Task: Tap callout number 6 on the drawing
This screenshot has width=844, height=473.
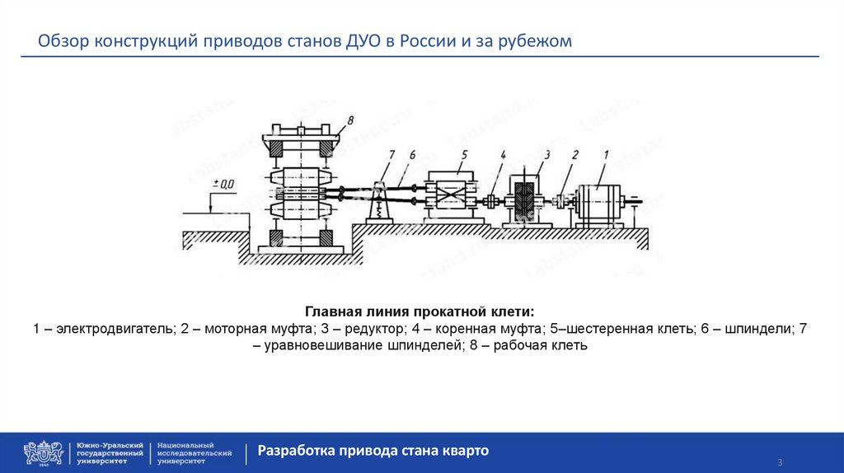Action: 411,153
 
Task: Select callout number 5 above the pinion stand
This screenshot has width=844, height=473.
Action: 465,153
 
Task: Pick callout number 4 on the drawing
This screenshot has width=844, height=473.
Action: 502,153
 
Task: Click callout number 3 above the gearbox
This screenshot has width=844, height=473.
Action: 546,153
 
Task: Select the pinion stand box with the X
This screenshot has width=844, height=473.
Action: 451,198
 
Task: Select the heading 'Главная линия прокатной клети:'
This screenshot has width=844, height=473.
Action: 420,312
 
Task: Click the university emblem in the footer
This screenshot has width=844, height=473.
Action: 43,452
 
